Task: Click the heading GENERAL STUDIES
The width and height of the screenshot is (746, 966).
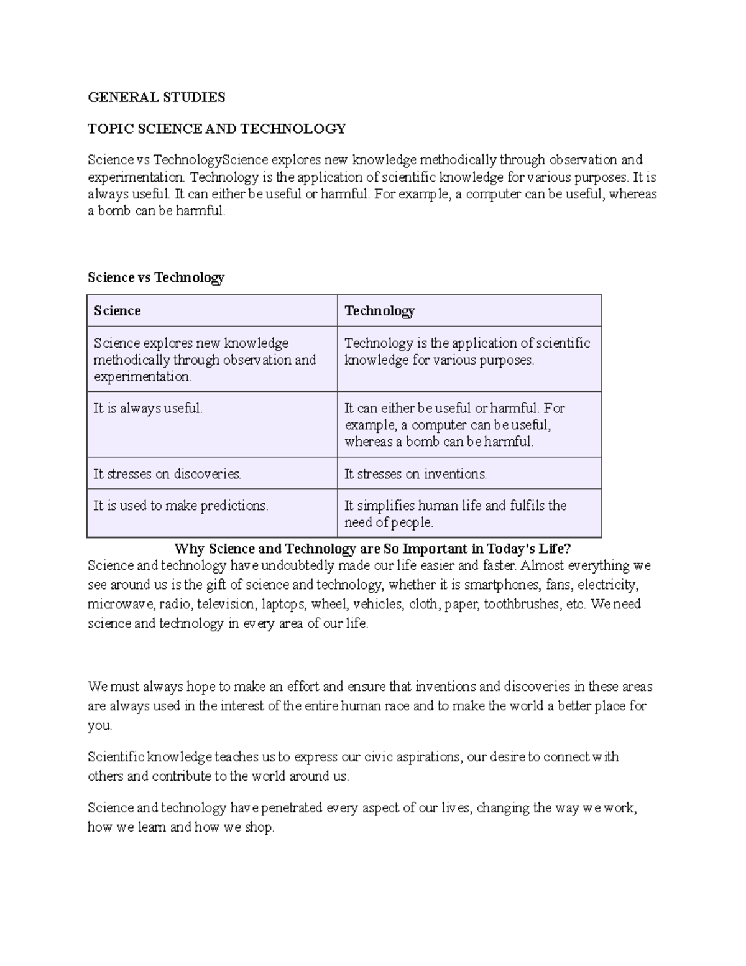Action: [x=156, y=97]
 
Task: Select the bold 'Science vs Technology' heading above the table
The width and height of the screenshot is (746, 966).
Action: [x=155, y=277]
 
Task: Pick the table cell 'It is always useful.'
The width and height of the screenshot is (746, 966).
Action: [x=148, y=409]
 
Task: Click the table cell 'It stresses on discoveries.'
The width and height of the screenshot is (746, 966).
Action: [x=167, y=474]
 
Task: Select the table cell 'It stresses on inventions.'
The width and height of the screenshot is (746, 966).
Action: [x=415, y=474]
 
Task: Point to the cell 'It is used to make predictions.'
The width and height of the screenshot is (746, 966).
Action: [x=180, y=506]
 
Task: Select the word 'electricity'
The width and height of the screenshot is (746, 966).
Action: [x=607, y=585]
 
